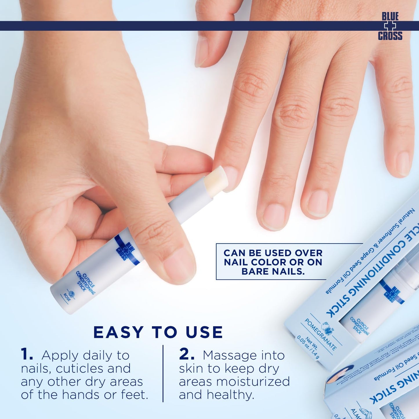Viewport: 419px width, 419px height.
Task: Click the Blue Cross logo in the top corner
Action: click(390, 26)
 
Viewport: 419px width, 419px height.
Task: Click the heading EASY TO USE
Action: click(158, 332)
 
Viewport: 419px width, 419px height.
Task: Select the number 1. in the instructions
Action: click(27, 355)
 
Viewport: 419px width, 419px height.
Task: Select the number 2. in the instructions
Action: click(187, 355)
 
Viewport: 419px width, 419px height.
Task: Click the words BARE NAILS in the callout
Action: click(273, 272)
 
